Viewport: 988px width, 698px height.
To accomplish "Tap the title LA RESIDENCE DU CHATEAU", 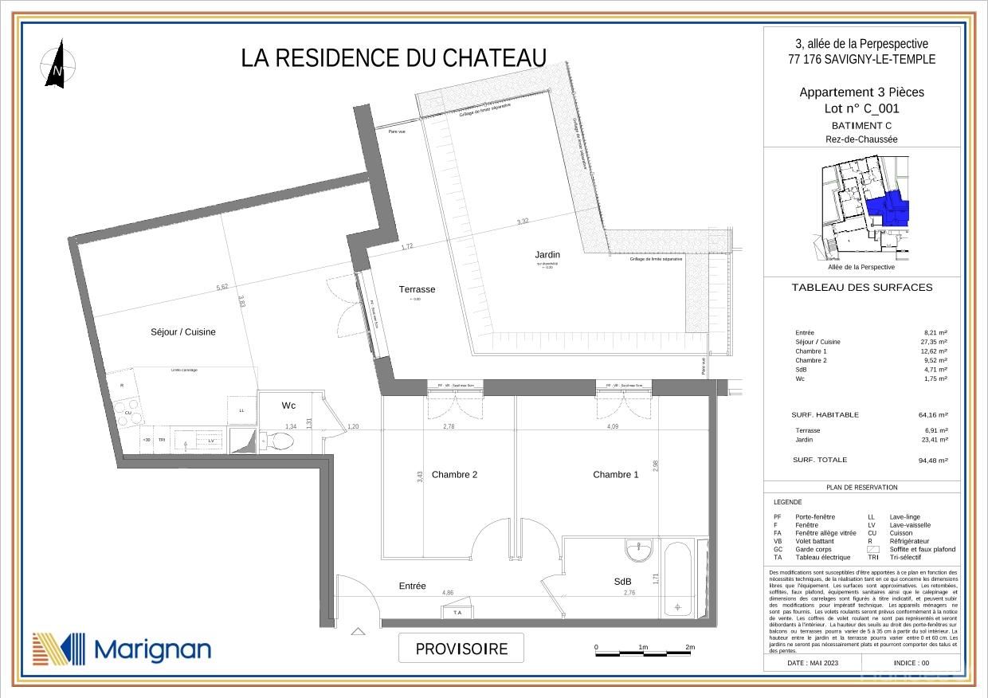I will coord(394,58).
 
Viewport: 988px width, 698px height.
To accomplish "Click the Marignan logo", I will coord(122,649).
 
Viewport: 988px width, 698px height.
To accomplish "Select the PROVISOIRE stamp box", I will coord(461,649).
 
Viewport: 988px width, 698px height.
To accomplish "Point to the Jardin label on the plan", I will coord(547,255).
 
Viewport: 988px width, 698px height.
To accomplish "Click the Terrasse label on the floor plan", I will coord(417,289).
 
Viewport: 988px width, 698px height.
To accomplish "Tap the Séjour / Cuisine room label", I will coord(182,332).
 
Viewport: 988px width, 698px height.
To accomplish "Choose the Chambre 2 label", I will coord(454,475).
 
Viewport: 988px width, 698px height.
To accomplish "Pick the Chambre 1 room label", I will coord(615,475).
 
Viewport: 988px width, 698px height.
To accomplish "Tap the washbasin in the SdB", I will coord(639,550).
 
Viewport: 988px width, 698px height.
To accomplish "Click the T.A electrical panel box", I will coord(457,612).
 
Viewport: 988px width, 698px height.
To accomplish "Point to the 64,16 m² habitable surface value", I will coord(933,415).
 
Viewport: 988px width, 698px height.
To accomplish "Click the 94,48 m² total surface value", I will coord(933,461).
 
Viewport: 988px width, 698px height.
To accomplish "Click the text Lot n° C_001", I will coord(861,109).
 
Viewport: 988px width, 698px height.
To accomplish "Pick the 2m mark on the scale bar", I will coord(690,648).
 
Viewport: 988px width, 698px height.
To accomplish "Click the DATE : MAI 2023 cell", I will coord(813,663).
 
